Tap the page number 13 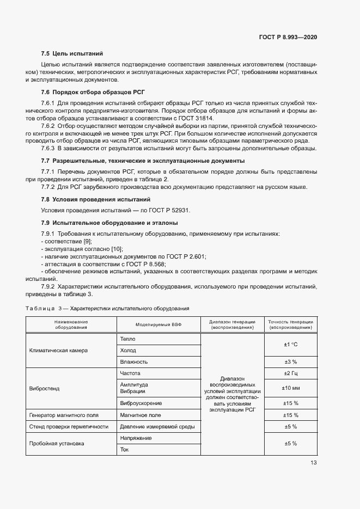[x=313, y=463]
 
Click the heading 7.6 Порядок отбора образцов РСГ [x=93, y=93]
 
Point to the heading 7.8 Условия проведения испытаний [x=96, y=200]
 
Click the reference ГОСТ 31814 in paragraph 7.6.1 [x=196, y=118]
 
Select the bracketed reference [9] [x=87, y=241]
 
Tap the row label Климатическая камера [x=58, y=350]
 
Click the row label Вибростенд [x=44, y=389]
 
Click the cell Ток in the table [x=125, y=449]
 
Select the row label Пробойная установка [x=57, y=443]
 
